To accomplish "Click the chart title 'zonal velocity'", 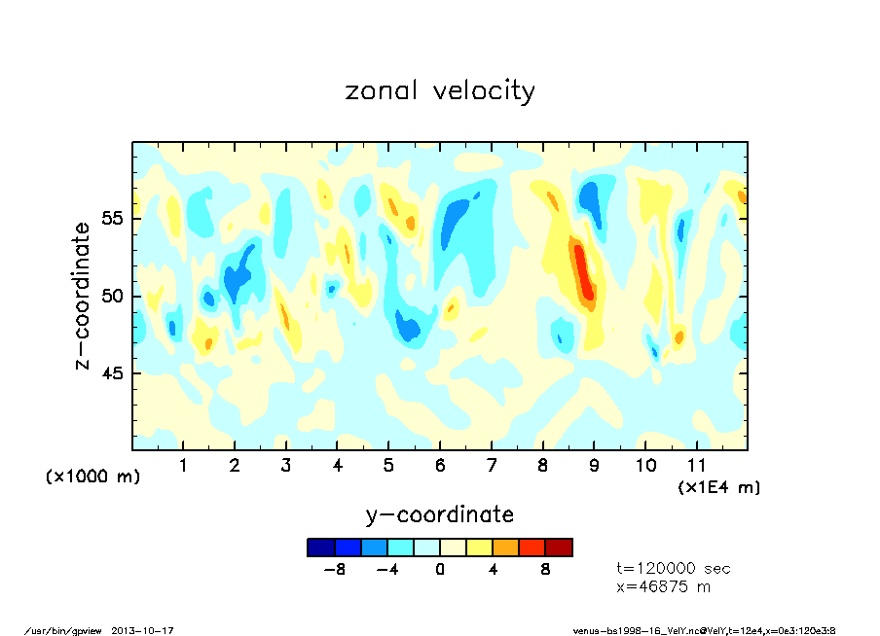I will coord(440,91).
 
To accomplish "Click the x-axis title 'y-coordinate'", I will coord(439,514).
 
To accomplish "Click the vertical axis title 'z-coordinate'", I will coord(83,296).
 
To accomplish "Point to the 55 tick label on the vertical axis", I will coord(113,218).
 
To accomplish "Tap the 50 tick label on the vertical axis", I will coord(113,296).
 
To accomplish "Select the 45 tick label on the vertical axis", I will coord(113,373).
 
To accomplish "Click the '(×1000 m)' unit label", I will coord(93,477).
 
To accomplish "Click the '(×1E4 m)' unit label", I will coord(718,486).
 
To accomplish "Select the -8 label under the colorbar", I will coord(334,569).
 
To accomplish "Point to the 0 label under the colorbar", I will coord(440,569).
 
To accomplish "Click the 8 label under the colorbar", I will coord(546,569).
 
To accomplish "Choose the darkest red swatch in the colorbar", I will coord(559,548).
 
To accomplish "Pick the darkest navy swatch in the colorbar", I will coord(320,548).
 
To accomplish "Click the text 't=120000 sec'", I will coord(674,568).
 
